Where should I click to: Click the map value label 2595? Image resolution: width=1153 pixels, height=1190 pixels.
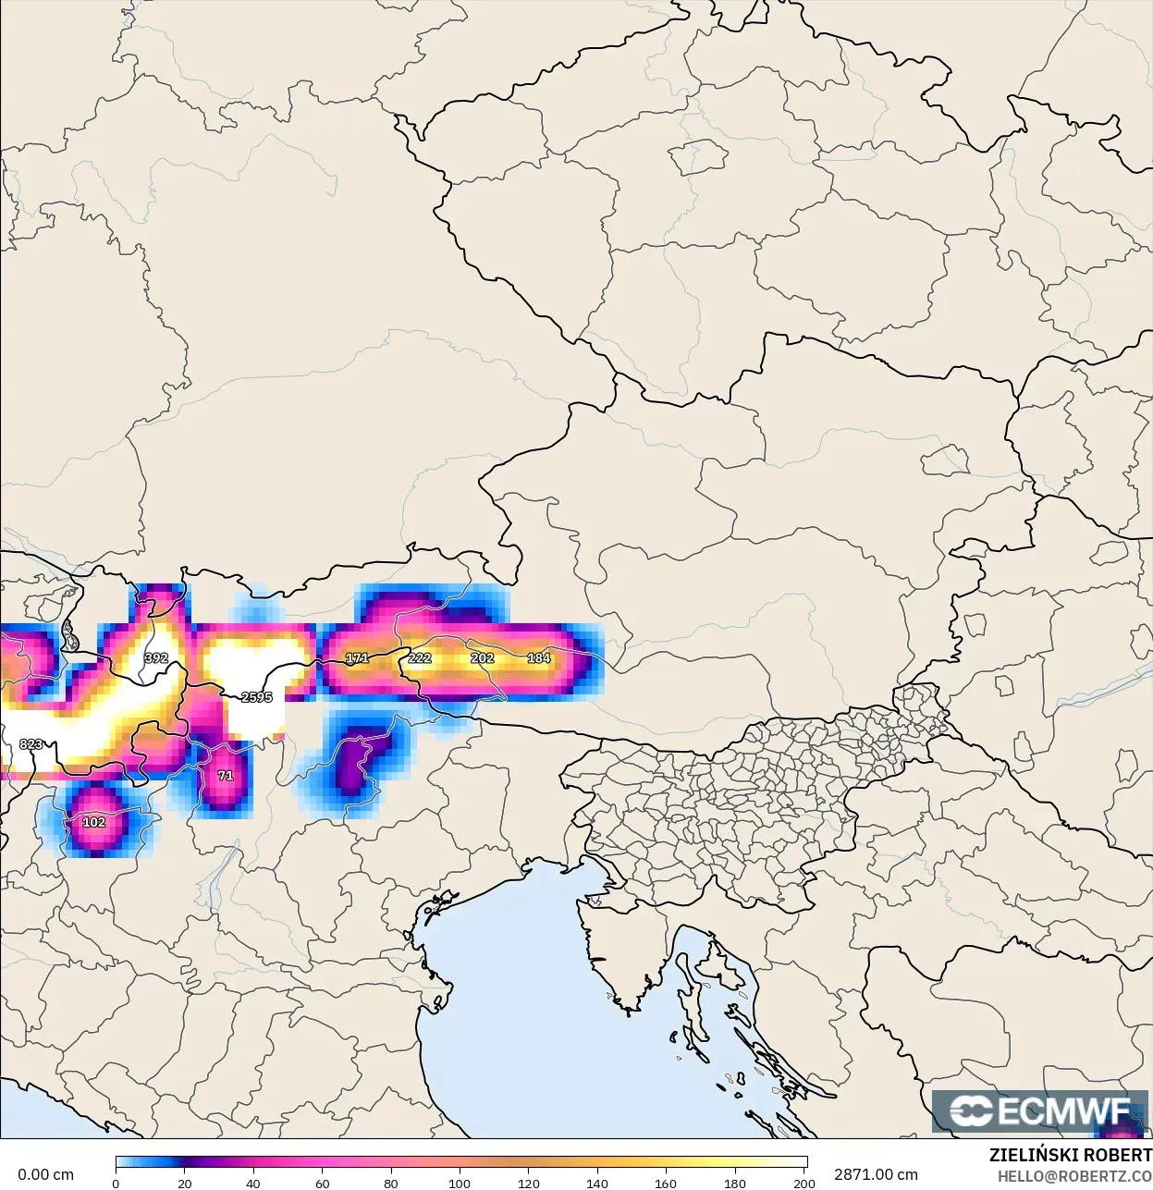256,697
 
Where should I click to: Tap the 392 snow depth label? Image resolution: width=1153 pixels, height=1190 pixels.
156,658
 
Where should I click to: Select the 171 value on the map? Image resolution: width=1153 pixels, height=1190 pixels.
357,658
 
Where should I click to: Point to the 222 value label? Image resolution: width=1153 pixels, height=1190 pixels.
420,658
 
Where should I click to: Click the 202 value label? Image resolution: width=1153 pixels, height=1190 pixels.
483,658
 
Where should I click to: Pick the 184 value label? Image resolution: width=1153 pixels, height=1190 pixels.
539,658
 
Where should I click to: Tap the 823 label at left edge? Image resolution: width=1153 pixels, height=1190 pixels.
31,744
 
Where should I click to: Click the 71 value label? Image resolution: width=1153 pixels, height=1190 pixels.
226,776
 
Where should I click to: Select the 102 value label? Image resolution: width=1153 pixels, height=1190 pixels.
93,822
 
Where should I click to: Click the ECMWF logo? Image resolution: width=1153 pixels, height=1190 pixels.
1041,1110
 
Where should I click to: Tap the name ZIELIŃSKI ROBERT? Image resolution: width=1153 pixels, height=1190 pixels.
1070,1156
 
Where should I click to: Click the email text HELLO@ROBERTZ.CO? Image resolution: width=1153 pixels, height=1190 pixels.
1074,1176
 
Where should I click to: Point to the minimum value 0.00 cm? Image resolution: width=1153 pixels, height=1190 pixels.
45,1174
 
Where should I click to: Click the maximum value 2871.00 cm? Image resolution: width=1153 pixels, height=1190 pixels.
876,1174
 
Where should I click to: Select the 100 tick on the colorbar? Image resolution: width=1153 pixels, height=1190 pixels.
460,1184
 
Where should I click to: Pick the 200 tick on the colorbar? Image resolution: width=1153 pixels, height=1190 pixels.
804,1184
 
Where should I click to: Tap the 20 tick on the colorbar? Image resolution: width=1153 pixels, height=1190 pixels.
185,1184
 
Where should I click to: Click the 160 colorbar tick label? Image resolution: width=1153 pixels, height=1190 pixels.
666,1184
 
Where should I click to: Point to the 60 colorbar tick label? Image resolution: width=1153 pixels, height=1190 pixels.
322,1184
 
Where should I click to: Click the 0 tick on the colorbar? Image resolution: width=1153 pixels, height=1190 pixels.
116,1184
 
